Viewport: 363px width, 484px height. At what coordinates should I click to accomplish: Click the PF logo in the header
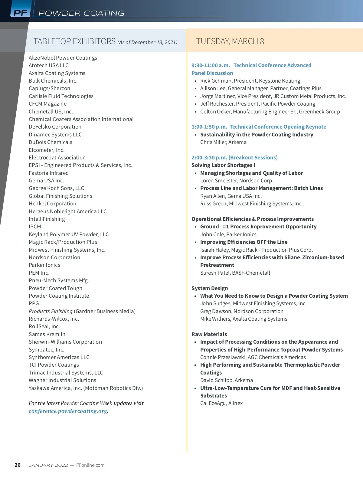tap(20, 13)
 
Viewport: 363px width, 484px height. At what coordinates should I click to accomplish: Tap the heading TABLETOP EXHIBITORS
tap(74, 41)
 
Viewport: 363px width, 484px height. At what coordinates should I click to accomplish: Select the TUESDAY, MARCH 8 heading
tap(230, 41)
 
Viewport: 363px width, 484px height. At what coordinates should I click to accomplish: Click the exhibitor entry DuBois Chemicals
tap(51, 142)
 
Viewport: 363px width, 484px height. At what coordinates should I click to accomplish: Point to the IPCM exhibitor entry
tap(35, 227)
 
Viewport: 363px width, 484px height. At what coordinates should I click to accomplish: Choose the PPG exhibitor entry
tap(34, 303)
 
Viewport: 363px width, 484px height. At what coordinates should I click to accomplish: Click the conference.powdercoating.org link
tap(68, 411)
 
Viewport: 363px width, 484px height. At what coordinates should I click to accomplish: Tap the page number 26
tap(18, 465)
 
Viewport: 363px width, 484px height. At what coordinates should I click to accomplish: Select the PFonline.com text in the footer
tap(90, 465)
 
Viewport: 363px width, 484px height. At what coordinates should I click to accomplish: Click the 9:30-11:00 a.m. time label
tap(211, 65)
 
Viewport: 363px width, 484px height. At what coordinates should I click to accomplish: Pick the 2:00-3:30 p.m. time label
tap(209, 158)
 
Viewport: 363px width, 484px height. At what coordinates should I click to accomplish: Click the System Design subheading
tap(210, 288)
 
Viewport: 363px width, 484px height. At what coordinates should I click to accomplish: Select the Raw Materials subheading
tap(209, 334)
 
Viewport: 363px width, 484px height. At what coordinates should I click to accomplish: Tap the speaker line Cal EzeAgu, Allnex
tap(221, 403)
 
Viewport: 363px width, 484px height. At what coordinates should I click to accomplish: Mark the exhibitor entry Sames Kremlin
tap(47, 334)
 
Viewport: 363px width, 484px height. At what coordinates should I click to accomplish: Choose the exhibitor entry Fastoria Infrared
tap(49, 173)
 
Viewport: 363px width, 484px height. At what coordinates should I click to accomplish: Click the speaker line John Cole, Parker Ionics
tap(228, 234)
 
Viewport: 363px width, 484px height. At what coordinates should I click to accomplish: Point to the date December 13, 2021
tap(154, 42)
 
